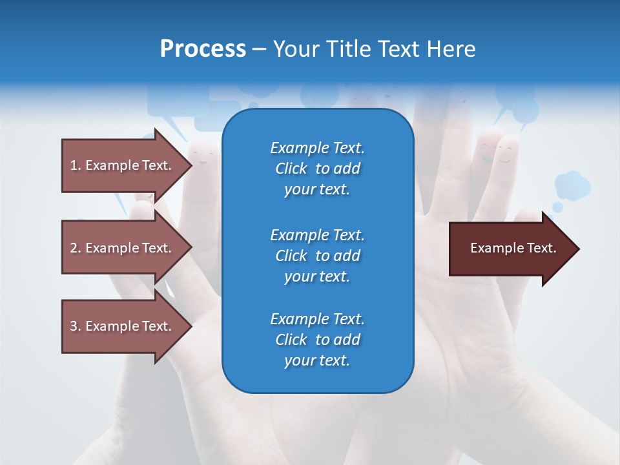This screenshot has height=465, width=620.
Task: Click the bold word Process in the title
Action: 203,49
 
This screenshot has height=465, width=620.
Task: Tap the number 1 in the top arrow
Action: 74,165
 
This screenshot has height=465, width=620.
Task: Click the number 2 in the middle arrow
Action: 74,248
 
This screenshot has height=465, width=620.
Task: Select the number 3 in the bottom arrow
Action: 74,326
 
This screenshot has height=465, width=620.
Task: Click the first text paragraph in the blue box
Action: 317,169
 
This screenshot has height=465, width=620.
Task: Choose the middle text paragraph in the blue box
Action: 317,255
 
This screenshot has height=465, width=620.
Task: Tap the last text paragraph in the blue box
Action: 317,340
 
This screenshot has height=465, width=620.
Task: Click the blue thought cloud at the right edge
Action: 572,186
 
